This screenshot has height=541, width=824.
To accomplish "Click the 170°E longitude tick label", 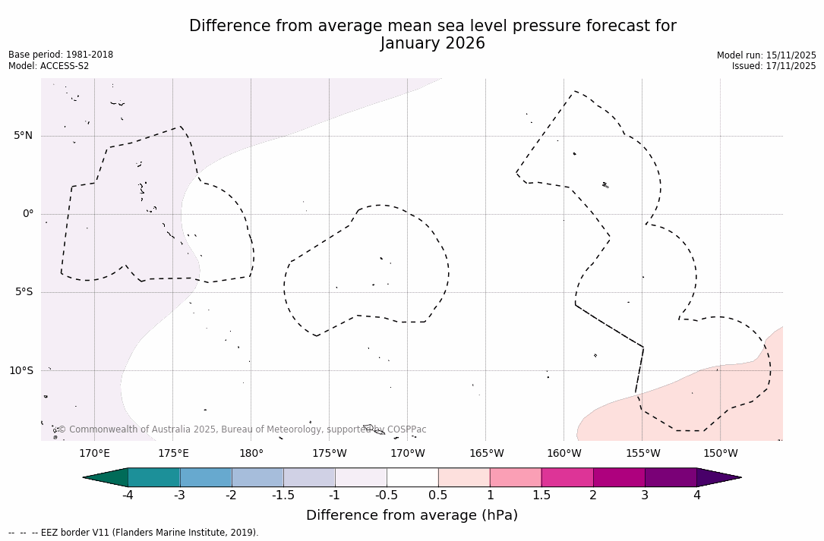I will coord(94,454).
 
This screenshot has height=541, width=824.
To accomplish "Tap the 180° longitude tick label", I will coord(251,454).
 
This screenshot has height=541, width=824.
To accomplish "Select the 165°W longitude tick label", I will coord(486,454).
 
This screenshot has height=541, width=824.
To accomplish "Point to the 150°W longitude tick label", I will coord(720,454).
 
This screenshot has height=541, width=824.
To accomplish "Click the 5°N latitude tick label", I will coord(23,136).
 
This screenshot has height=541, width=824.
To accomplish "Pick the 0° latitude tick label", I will coord(28,214).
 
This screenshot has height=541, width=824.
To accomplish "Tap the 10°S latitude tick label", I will coord(21,371).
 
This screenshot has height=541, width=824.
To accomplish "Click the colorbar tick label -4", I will coord(128,495).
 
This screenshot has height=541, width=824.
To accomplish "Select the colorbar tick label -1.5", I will coord(283,495).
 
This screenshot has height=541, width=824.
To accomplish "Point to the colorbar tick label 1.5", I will coord(541,495).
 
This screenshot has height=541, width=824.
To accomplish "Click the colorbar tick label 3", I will coord(645,495).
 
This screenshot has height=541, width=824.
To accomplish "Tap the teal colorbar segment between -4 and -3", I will coord(154,477).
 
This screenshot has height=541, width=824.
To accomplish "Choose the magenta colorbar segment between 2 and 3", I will coord(619,477).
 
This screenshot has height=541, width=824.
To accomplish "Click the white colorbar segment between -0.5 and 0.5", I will coord(412,477).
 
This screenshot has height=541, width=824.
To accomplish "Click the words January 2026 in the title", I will coord(432,44).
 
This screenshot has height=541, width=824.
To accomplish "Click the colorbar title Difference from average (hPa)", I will coord(412,516).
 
